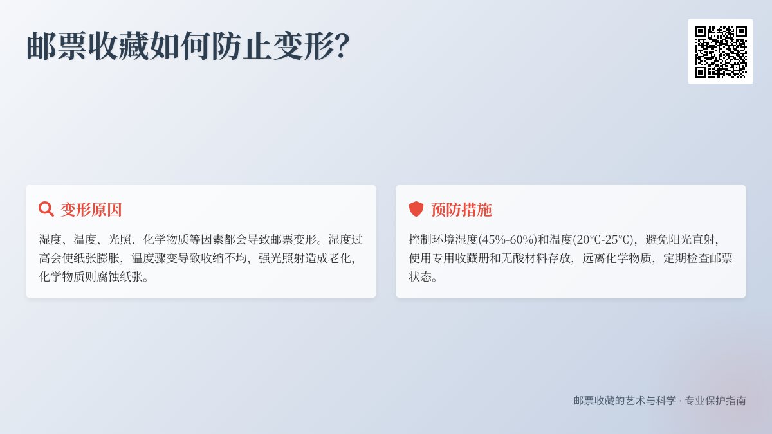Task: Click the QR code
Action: point(720,51)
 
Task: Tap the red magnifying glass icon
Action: point(46,209)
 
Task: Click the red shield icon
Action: point(416,209)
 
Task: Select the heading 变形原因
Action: point(91,210)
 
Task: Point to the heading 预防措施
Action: point(461,210)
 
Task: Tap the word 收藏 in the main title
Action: point(118,46)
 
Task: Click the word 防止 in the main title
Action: point(242,46)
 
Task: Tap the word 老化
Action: point(336,258)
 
